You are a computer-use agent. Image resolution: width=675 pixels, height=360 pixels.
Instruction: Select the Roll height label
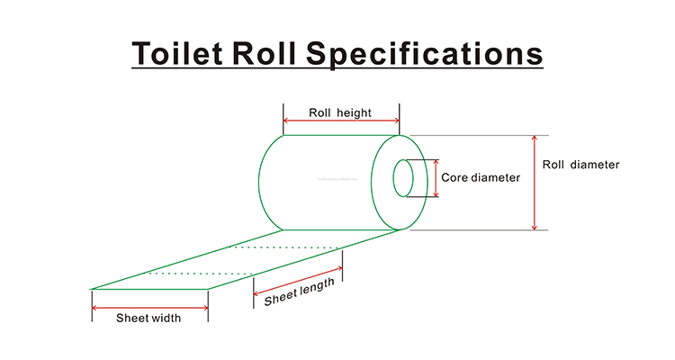(x=340, y=112)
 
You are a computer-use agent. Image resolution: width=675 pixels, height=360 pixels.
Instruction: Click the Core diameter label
(x=481, y=178)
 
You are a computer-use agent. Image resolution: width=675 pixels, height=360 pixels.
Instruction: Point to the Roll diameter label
(x=581, y=165)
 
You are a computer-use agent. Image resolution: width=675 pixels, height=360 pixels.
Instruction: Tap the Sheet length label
(x=300, y=292)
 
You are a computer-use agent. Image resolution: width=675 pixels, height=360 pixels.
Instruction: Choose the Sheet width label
(x=148, y=317)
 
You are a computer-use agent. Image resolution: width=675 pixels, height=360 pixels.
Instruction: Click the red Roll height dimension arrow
(x=340, y=121)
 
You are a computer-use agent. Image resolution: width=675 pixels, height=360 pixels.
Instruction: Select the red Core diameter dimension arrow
(x=437, y=178)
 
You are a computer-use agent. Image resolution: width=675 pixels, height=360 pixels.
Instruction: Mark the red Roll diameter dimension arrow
(x=535, y=183)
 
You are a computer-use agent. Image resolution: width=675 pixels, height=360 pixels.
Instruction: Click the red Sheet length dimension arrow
(x=298, y=279)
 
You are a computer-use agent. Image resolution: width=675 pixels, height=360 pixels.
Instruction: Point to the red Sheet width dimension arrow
(x=149, y=307)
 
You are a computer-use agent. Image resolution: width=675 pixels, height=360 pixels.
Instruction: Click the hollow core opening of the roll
(x=403, y=178)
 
